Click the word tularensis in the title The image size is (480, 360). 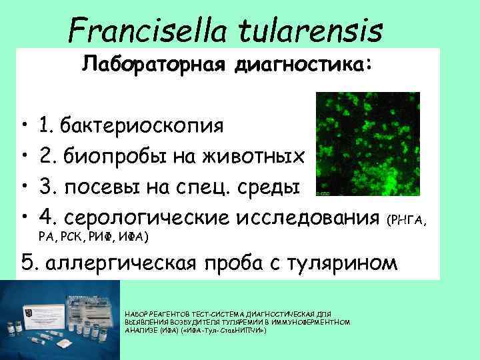(320, 30)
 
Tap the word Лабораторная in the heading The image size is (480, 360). (150, 65)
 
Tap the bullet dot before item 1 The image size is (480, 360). (23, 125)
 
